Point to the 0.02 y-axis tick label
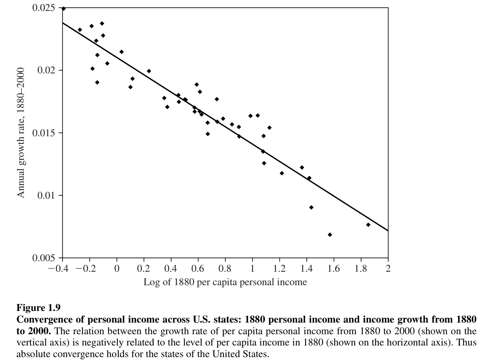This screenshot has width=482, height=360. pyautogui.click(x=47, y=70)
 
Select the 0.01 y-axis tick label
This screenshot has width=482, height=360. pyautogui.click(x=47, y=195)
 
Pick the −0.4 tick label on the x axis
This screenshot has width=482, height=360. pyautogui.click(x=59, y=269)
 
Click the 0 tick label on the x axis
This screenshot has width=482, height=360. pyautogui.click(x=117, y=269)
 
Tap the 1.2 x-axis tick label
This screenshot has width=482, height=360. pyautogui.click(x=279, y=269)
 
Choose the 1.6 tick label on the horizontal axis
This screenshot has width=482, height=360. pyautogui.click(x=333, y=269)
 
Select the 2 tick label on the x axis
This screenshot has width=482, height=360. pyautogui.click(x=388, y=269)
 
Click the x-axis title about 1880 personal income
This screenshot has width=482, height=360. pyautogui.click(x=225, y=282)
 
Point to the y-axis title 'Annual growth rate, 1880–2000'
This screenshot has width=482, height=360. pyautogui.click(x=21, y=133)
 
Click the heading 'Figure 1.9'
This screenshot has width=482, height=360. pyautogui.click(x=39, y=308)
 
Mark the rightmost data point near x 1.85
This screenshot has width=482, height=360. pyautogui.click(x=368, y=225)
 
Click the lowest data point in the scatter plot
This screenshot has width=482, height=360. pyautogui.click(x=330, y=235)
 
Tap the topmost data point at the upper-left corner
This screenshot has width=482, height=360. pyautogui.click(x=64, y=8)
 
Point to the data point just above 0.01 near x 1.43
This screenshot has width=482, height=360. pyautogui.click(x=311, y=207)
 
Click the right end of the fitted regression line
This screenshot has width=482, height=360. pyautogui.click(x=387, y=230)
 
